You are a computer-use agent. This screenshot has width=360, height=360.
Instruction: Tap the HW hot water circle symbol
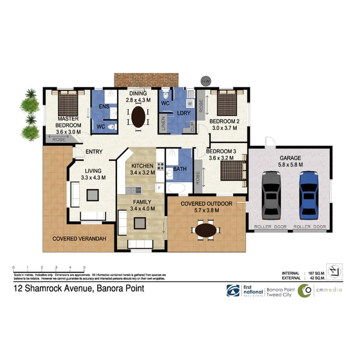[206, 81]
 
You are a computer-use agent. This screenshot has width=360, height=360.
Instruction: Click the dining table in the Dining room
[138, 116]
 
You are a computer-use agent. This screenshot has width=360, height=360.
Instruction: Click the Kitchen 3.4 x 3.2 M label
[142, 169]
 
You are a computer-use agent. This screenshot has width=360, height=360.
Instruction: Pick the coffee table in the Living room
[93, 194]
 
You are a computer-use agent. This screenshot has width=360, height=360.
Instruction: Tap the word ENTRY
[94, 152]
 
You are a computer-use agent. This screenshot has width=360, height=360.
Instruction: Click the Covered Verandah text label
[79, 239]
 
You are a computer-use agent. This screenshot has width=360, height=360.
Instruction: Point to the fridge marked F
[159, 187]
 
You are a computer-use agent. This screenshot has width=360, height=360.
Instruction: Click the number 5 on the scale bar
[84, 267]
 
